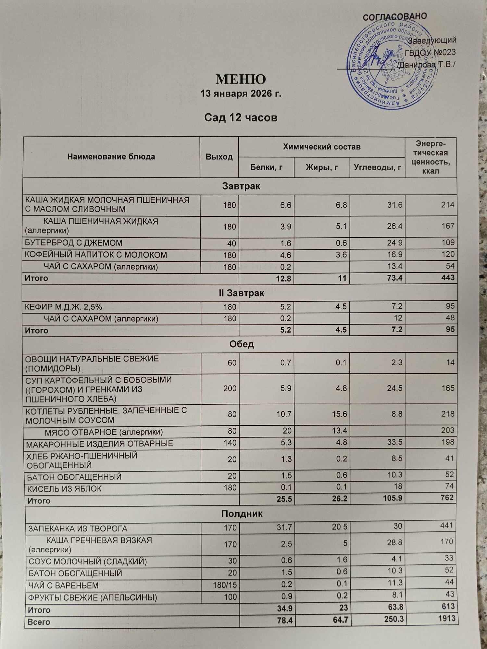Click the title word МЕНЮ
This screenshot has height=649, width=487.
point(241,80)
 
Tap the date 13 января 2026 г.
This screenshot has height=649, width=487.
point(241,94)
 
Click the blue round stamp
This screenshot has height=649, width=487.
point(390,65)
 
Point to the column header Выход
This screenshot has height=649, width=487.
point(219,157)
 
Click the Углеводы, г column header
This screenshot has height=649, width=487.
point(377,167)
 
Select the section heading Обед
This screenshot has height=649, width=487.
point(241,344)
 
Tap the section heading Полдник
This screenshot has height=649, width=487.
point(242,514)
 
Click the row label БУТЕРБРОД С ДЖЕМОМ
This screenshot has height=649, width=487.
point(74,243)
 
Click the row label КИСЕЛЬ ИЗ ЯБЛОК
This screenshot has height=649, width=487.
point(64,489)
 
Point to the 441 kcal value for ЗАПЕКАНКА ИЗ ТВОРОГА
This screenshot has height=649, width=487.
point(447,525)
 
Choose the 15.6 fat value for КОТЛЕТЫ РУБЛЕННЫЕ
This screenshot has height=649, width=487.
point(340,414)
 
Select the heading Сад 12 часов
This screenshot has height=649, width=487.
point(241,117)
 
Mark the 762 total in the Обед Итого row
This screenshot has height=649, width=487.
point(447,497)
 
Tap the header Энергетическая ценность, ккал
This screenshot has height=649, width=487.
point(431,157)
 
